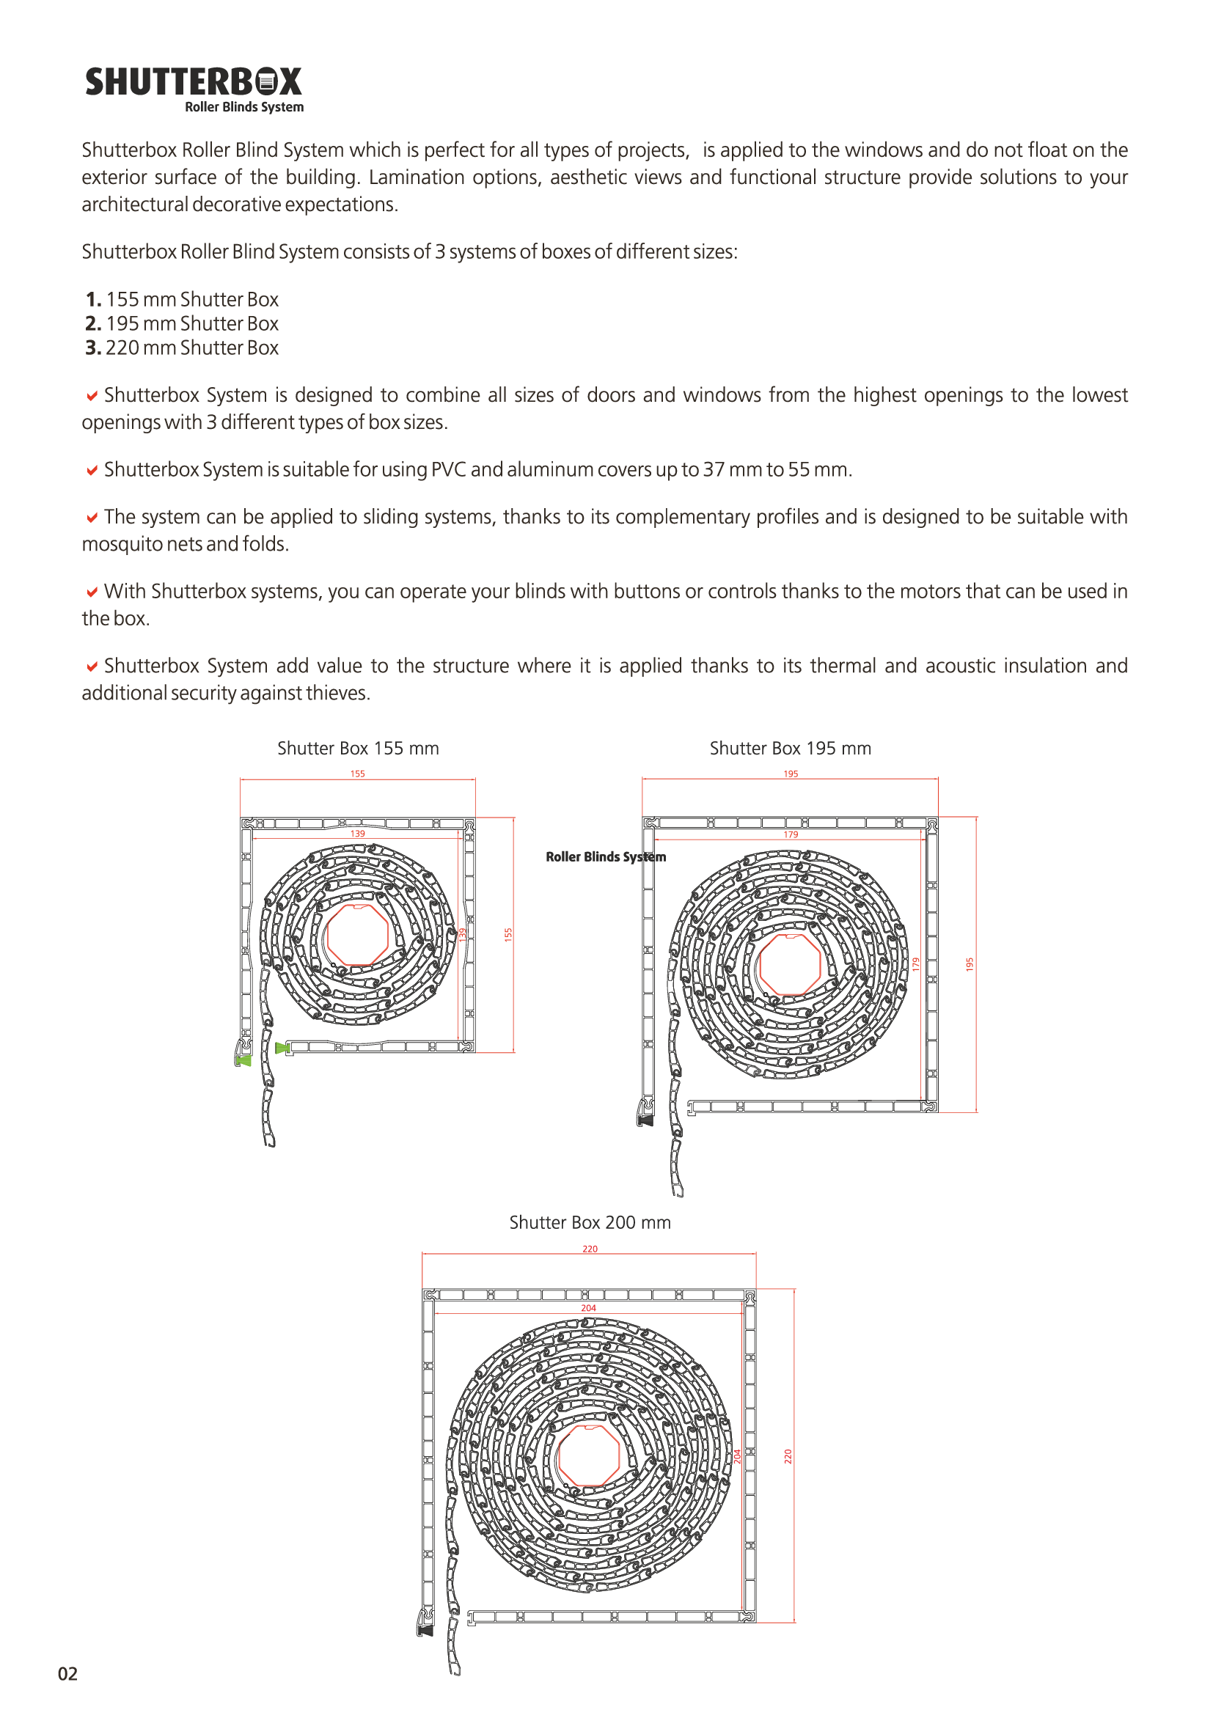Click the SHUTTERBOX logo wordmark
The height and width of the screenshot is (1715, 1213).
point(194,82)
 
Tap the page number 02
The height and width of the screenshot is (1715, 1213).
point(68,1673)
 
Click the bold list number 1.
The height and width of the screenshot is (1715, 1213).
point(92,300)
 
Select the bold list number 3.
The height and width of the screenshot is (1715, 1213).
point(92,348)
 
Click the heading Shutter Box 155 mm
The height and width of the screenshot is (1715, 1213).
point(358,749)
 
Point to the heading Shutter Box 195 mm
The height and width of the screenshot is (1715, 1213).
point(791,749)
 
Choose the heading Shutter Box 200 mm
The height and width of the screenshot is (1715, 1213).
point(590,1223)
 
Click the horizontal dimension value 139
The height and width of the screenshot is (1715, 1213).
point(358,834)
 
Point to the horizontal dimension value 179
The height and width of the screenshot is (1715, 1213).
point(791,834)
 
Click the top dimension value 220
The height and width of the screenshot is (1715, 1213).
point(590,1249)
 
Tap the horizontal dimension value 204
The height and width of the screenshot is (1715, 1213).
point(589,1308)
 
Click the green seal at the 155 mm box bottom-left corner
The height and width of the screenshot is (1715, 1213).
point(243,1060)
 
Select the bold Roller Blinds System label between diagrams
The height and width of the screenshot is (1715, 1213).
point(606,856)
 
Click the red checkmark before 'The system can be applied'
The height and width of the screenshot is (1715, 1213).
point(92,518)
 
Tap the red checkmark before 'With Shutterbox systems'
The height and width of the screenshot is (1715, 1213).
point(92,592)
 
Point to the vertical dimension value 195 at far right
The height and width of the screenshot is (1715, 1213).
point(970,964)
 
